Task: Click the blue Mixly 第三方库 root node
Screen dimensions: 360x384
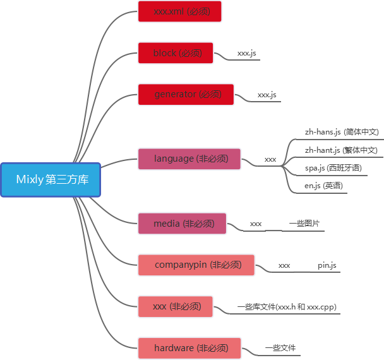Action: point(51,180)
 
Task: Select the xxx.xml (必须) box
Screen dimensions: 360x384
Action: point(180,11)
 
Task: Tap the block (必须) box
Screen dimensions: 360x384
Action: point(176,53)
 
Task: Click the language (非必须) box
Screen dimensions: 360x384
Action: point(191,159)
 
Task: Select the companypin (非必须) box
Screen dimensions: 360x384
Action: point(196,265)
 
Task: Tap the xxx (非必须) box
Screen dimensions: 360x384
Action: point(176,307)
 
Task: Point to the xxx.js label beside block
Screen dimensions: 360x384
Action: point(246,54)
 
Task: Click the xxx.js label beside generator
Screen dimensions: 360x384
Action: point(267,95)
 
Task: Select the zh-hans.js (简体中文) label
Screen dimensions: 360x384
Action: point(341,132)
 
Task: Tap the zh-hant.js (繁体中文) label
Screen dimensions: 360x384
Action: point(341,150)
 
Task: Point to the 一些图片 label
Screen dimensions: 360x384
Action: point(304,224)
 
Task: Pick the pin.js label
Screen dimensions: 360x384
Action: point(327,265)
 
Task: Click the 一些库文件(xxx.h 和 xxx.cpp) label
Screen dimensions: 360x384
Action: point(286,307)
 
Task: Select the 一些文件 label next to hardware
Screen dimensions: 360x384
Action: point(280,347)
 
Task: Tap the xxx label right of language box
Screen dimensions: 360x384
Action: point(270,160)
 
